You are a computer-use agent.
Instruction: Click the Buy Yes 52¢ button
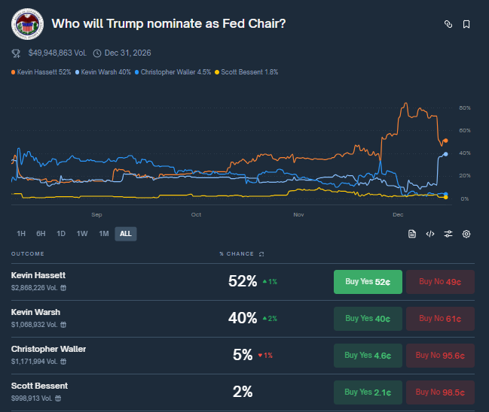(368, 282)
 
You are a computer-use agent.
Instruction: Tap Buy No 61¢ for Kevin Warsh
(440, 318)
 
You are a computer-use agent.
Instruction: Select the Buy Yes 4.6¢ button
(368, 355)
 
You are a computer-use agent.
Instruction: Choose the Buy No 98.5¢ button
(440, 392)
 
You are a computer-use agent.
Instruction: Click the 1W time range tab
(82, 234)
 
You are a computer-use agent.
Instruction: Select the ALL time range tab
(125, 234)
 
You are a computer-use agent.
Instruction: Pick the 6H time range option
(41, 234)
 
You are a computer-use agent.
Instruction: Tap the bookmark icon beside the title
(466, 24)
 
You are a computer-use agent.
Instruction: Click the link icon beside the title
(448, 24)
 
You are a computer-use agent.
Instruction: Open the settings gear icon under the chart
(466, 234)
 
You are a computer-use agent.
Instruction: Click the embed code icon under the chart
(430, 234)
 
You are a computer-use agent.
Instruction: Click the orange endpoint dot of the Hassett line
(445, 141)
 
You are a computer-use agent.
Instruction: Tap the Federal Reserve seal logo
(27, 23)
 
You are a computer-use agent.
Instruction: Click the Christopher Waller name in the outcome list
(48, 349)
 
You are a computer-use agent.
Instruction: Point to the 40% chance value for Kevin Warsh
(242, 318)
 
